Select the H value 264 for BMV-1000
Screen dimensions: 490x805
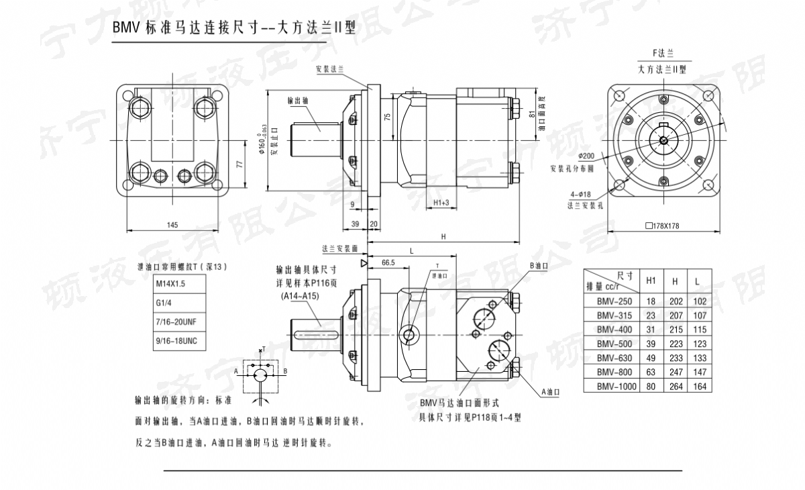[675, 386]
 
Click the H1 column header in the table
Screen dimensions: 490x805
[649, 280]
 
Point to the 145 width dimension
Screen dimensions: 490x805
[172, 225]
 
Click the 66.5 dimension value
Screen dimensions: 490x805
[387, 262]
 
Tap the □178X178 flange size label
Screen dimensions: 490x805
[662, 226]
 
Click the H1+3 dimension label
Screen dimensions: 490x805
[440, 202]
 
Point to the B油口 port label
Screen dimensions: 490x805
[540, 265]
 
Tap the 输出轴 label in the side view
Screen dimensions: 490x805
[297, 100]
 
